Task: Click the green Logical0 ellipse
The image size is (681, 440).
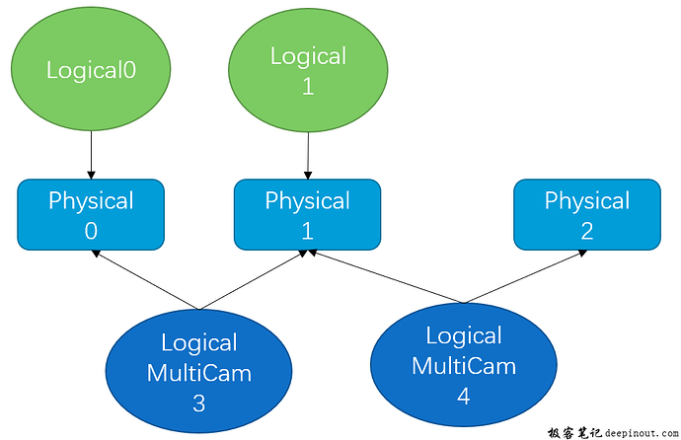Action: [x=90, y=70]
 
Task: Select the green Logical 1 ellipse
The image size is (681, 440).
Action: [x=308, y=70]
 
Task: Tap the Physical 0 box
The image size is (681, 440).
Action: [x=90, y=214]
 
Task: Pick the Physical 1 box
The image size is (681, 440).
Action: [x=307, y=214]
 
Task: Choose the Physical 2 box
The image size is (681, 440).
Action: [x=586, y=214]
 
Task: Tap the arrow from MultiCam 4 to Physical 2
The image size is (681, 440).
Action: [x=523, y=277]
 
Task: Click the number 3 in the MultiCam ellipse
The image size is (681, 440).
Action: [x=198, y=403]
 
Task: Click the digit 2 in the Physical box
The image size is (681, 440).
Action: [x=586, y=230]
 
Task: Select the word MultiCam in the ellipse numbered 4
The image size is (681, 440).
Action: [x=463, y=366]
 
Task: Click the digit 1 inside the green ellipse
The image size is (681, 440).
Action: [x=308, y=86]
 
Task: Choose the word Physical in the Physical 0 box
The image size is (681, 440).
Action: [x=91, y=201]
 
